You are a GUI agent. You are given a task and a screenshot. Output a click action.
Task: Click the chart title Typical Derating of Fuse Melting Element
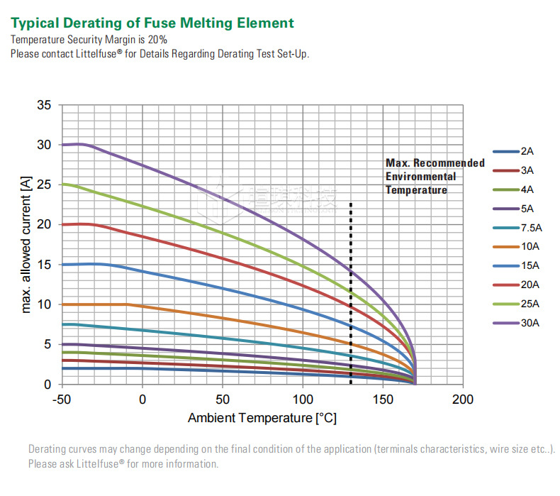pos(152,23)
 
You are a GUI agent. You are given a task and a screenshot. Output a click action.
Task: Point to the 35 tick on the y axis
pos(44,106)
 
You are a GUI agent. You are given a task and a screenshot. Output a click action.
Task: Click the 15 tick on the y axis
pos(44,265)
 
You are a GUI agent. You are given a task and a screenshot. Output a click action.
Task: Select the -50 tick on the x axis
pos(62,399)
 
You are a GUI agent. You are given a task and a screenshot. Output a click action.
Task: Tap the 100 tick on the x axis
pos(303,399)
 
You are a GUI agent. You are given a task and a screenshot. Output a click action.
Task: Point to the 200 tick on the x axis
pos(463,399)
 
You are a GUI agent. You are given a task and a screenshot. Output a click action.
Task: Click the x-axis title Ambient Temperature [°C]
pos(262,418)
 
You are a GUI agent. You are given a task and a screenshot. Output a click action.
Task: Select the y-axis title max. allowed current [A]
pos(27,246)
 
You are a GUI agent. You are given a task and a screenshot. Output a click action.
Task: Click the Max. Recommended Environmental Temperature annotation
pos(435,176)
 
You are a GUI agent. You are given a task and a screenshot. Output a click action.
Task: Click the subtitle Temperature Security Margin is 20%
pos(89,40)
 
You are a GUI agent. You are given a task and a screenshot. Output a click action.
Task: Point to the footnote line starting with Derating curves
pos(291,449)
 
